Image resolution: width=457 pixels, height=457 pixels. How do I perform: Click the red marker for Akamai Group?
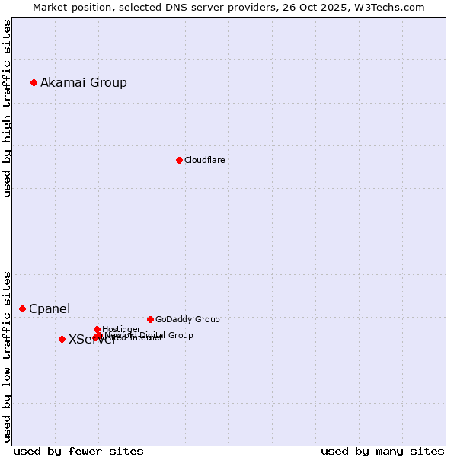pos(34,82)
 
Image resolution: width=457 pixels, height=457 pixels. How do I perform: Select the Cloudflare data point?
pos(179,160)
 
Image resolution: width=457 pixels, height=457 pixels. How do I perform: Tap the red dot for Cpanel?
pos(22,308)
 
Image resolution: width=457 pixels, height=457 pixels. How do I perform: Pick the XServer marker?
pos(62,339)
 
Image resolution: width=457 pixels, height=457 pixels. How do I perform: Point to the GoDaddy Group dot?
pos(150,319)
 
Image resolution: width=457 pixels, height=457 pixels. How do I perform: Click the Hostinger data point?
pos(97,329)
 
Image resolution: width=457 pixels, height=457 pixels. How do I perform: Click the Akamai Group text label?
pos(84,82)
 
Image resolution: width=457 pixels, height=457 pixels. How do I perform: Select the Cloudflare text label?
pos(204,160)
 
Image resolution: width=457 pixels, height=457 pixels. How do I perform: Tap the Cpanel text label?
pos(50,308)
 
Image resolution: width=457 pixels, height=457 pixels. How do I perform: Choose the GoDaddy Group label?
pos(187,319)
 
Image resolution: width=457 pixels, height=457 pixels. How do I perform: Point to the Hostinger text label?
pos(121,329)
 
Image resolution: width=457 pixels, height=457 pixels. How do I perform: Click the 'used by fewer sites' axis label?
pos(78,451)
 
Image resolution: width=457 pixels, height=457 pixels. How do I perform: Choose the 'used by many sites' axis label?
pos(382,451)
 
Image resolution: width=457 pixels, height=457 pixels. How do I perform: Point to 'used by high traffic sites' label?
pos(7,109)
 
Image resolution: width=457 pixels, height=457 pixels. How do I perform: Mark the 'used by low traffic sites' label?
pos(7,356)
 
